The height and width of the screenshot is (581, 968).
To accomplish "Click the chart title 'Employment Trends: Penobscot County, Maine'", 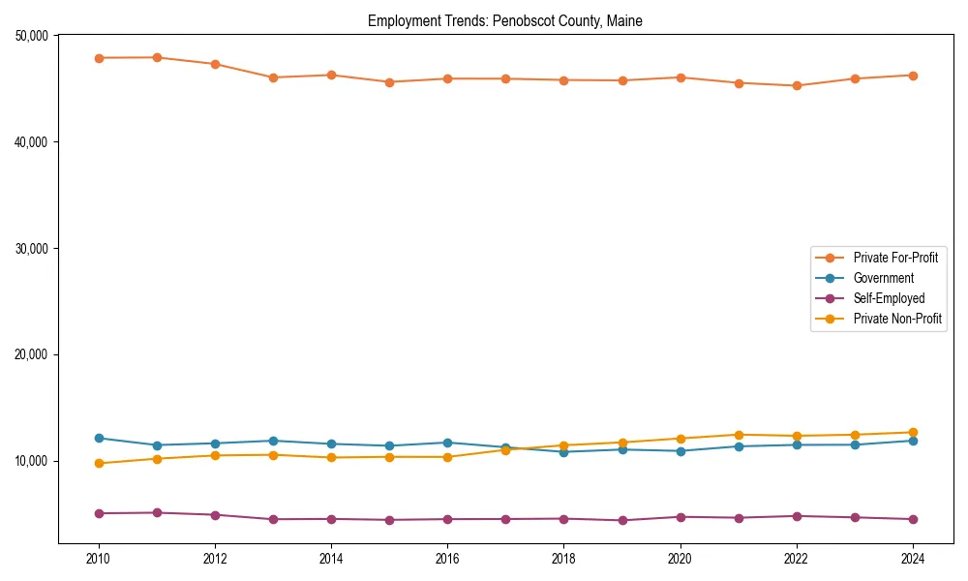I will pos(504,21).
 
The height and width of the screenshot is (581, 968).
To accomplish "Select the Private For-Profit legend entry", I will pos(895,258).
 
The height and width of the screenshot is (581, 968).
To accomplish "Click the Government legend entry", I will pos(883,278).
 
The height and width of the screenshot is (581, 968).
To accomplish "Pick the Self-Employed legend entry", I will pos(889,298).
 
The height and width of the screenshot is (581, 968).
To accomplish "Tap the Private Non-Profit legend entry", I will pos(897,319).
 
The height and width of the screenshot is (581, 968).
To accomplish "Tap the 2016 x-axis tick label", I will pos(447,559).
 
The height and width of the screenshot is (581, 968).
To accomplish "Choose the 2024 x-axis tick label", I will pos(913,559).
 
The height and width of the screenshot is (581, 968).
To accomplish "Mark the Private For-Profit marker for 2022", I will pos(797,85).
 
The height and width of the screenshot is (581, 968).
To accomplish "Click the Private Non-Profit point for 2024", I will pos(913,432).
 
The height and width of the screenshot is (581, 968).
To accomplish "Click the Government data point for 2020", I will pos(681,451).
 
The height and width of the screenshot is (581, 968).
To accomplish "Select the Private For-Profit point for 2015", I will pos(389,82).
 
